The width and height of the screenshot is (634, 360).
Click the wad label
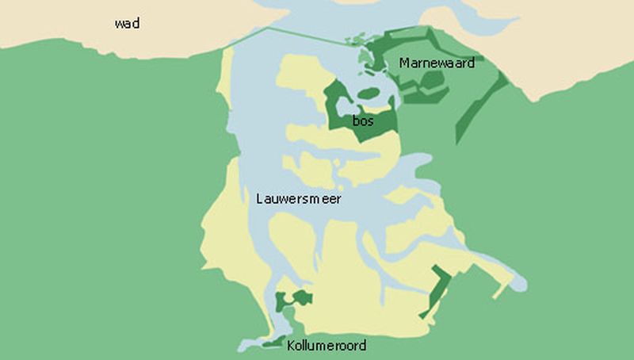click(x=127, y=24)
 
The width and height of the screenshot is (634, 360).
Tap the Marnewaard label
click(x=437, y=63)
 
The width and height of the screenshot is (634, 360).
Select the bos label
click(x=363, y=121)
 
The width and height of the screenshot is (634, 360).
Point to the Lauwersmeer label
click(x=299, y=199)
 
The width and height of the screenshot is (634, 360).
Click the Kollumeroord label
click(x=327, y=346)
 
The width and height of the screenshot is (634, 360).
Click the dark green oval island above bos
click(x=369, y=94)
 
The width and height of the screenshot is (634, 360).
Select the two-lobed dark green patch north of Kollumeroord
click(x=292, y=300)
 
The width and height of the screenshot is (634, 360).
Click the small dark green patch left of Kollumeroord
click(x=273, y=343)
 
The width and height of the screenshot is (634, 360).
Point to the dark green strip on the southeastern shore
click(x=437, y=290)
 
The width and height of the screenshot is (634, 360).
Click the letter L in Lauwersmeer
click(x=260, y=199)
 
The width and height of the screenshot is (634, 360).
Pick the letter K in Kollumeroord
click(x=291, y=346)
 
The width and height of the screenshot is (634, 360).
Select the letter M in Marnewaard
click(x=404, y=63)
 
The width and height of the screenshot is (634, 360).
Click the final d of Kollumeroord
click(x=362, y=346)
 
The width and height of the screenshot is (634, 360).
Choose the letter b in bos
click(x=356, y=121)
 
